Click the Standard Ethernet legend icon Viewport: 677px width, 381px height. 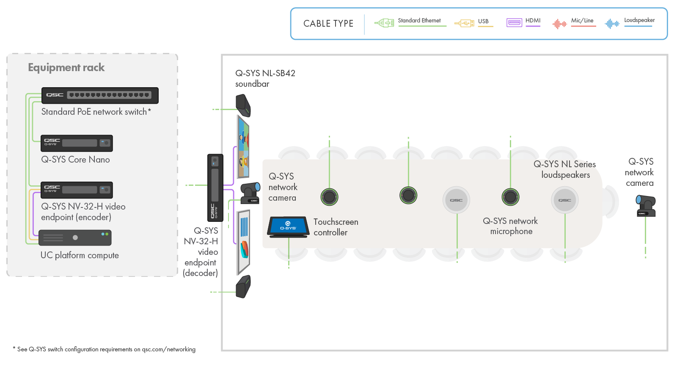coord(384,23)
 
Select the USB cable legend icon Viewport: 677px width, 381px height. coord(464,23)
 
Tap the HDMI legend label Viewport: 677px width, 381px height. coord(533,20)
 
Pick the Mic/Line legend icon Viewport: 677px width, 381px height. coord(559,24)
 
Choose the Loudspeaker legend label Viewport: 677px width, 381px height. coord(639,20)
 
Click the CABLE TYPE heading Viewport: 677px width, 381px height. coord(328,24)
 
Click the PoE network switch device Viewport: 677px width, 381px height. coord(100,95)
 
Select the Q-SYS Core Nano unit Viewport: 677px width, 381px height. coord(77,143)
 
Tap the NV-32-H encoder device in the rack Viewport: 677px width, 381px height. coord(77,190)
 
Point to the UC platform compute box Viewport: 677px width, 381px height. coord(75,237)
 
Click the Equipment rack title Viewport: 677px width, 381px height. coord(66,68)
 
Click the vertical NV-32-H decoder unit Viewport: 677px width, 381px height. coord(215,188)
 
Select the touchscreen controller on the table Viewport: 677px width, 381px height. coord(288,226)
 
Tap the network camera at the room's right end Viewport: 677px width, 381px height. coord(646,206)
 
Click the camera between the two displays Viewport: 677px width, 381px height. coord(250,193)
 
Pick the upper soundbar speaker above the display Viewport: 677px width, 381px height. coord(243,105)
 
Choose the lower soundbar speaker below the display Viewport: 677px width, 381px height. coord(243,287)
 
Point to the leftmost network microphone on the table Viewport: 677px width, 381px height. coord(329,196)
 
